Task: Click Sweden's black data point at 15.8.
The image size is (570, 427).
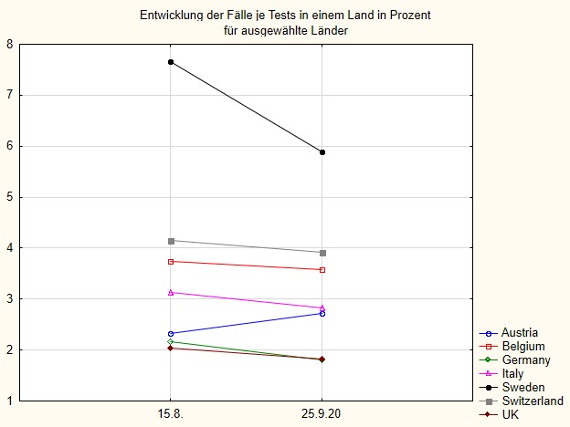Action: click(171, 62)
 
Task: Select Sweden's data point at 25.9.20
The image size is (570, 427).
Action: click(322, 152)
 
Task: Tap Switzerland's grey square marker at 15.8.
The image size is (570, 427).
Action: click(171, 241)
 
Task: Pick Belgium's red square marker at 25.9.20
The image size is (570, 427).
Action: click(322, 270)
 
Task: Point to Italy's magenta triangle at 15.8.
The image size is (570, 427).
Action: click(171, 292)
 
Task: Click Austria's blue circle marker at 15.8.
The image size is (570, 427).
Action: click(171, 334)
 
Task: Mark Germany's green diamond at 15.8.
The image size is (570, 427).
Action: click(171, 342)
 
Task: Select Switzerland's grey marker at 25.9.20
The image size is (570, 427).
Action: click(322, 253)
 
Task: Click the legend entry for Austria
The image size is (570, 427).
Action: click(519, 332)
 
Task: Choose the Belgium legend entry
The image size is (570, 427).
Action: click(522, 346)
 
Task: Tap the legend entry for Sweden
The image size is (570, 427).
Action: click(522, 387)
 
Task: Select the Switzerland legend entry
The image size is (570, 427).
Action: click(532, 401)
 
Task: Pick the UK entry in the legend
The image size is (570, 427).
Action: click(511, 414)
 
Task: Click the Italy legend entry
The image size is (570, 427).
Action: click(513, 373)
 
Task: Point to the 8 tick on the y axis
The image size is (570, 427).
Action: click(9, 44)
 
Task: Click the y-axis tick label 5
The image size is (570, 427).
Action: click(9, 197)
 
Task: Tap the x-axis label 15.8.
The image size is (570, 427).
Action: click(171, 414)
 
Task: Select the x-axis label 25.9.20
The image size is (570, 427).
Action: click(322, 414)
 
